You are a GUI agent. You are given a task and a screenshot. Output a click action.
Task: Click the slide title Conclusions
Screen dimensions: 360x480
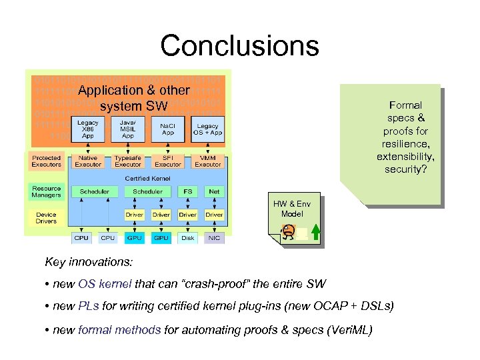(x=239, y=45)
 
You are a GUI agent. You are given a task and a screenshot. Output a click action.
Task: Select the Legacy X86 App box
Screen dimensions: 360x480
(x=87, y=129)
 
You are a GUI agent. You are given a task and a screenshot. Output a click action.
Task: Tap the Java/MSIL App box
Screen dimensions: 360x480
(x=127, y=129)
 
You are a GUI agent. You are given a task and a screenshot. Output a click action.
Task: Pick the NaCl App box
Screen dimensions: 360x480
(x=168, y=129)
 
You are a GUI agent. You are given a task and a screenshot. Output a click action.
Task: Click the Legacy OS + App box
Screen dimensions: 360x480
(x=209, y=129)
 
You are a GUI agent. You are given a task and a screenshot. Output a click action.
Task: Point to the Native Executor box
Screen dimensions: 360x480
(x=87, y=161)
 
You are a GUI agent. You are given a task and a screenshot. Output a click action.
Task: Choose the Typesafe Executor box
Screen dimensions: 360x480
(x=127, y=161)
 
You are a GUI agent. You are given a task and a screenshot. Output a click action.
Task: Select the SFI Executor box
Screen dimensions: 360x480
(x=168, y=161)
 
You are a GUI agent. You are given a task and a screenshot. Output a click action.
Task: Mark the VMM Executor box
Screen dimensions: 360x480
(x=208, y=161)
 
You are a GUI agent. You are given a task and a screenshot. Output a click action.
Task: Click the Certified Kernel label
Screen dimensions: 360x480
(x=147, y=178)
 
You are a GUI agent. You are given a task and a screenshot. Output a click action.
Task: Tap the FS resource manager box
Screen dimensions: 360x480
(x=187, y=191)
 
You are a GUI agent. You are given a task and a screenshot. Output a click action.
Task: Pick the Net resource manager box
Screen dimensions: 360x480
(x=214, y=191)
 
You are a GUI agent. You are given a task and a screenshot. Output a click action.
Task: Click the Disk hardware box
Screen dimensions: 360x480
(x=187, y=238)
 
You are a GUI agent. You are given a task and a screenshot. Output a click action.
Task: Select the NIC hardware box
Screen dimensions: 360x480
(x=214, y=238)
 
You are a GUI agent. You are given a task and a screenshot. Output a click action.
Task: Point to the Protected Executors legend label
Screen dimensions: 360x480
(x=46, y=161)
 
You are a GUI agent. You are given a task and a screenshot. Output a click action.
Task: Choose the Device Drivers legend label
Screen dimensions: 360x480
(x=46, y=218)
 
